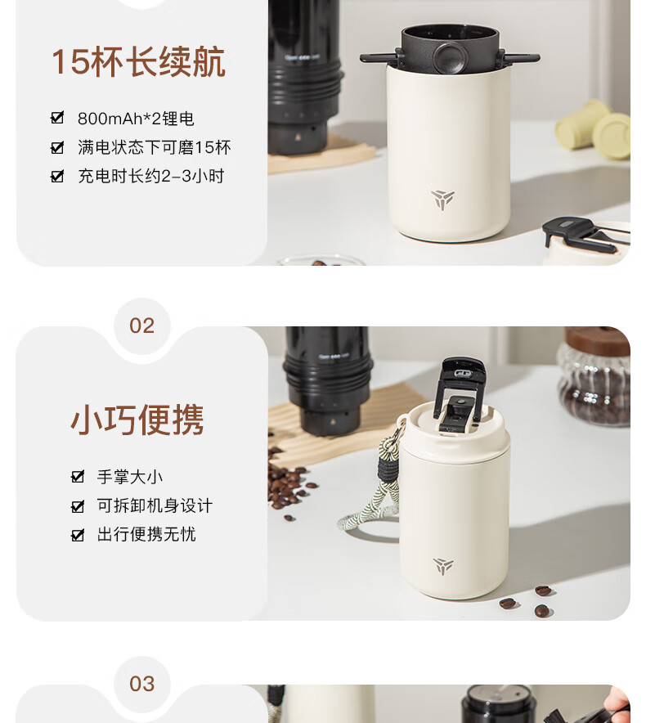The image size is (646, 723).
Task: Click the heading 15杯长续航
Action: tap(138, 62)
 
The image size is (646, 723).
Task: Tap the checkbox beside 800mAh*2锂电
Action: tap(57, 118)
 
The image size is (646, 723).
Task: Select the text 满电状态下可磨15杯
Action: tap(154, 147)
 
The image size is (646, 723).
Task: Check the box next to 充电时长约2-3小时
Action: tap(57, 176)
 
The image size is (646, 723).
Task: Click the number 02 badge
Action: tap(141, 326)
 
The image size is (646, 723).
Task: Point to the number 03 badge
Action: tap(141, 684)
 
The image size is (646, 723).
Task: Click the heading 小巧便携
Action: tap(137, 420)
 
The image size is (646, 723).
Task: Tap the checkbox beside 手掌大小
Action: tap(78, 476)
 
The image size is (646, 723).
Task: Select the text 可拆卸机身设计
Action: tap(155, 505)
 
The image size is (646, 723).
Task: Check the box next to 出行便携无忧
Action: tap(78, 534)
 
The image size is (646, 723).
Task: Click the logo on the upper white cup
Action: tap(442, 200)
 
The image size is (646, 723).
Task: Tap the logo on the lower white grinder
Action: tap(443, 566)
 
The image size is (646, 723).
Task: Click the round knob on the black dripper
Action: tap(449, 58)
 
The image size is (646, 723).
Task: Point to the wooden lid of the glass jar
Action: tap(598, 341)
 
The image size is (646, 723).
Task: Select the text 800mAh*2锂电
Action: tap(136, 119)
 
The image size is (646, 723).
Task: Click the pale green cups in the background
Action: tap(594, 130)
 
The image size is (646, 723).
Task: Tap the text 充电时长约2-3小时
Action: tap(150, 176)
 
